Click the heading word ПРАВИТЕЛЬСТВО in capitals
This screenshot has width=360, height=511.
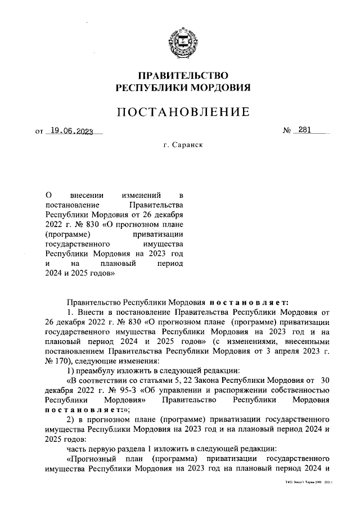[183, 75]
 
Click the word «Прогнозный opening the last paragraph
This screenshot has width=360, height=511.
[94, 459]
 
